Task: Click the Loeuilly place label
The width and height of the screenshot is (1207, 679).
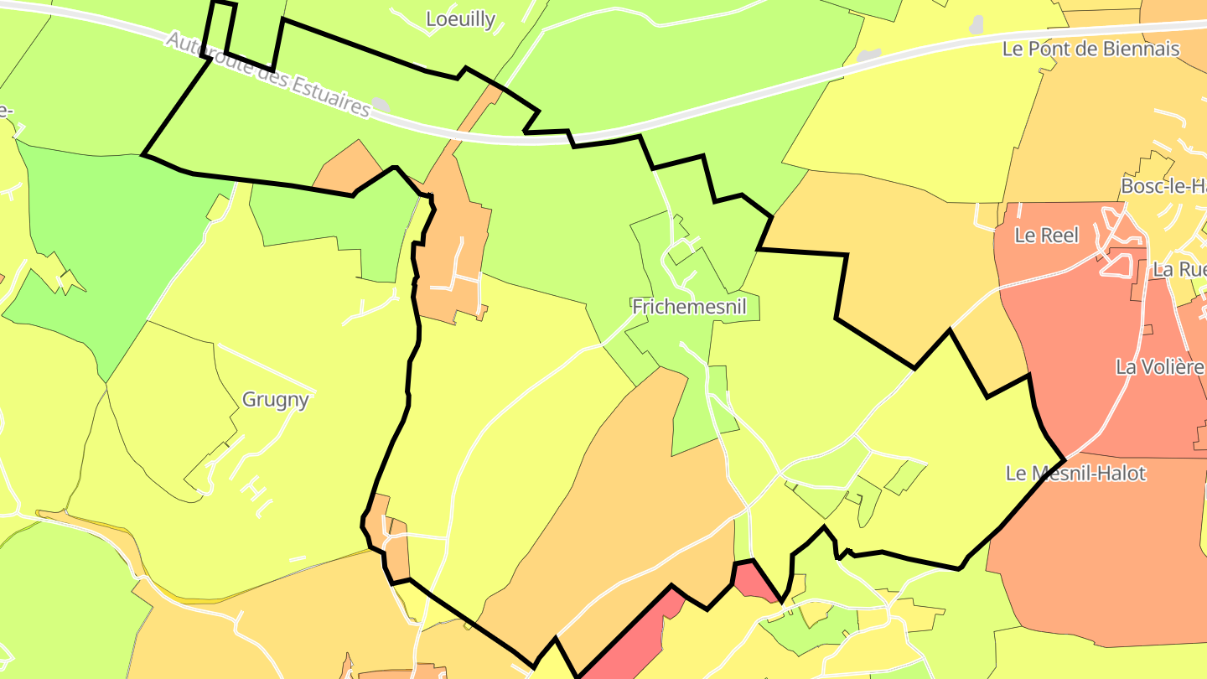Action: [460, 19]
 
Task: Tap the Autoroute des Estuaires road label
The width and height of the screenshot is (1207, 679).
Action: [267, 75]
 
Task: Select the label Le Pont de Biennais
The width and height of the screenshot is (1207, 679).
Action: [1090, 49]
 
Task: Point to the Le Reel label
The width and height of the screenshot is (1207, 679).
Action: [1046, 236]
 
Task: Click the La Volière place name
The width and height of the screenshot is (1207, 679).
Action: [1159, 366]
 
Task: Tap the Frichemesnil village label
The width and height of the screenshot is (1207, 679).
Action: [689, 307]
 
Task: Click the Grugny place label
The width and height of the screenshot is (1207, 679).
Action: [275, 400]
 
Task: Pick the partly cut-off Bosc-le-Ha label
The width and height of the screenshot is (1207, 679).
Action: [1163, 186]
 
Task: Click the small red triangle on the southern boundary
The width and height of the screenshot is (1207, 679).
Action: [755, 582]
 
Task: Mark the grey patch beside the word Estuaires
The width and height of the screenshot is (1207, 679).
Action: [381, 104]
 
